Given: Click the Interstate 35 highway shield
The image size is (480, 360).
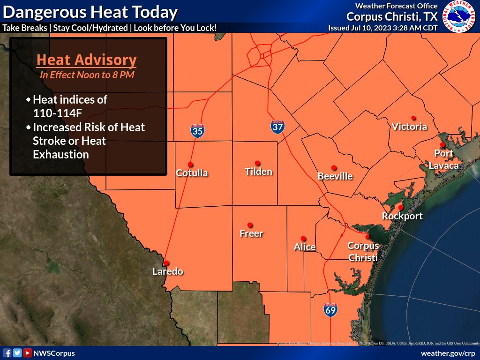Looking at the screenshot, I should pyautogui.click(x=197, y=131).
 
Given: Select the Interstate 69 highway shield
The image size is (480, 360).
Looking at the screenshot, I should pyautogui.click(x=330, y=309).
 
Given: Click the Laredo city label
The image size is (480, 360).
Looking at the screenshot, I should pyautogui.click(x=167, y=271).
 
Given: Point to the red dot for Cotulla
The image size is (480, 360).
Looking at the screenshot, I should pyautogui.click(x=190, y=165).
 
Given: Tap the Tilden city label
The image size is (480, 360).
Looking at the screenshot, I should pyautogui.click(x=258, y=172).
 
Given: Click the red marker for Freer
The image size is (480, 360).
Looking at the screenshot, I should pyautogui.click(x=250, y=225).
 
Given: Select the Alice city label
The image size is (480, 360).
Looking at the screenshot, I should pyautogui.click(x=305, y=247).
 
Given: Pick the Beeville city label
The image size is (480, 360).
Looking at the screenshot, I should pyautogui.click(x=335, y=176).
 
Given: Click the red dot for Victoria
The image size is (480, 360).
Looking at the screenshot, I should pyautogui.click(x=413, y=118).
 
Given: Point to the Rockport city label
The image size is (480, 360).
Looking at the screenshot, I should pyautogui.click(x=402, y=216).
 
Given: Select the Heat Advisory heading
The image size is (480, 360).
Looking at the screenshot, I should pyautogui.click(x=87, y=60).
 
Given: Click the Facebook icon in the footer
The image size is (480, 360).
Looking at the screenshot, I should pyautogui.click(x=7, y=353).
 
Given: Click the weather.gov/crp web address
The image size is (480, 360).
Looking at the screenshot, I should pyautogui.click(x=448, y=353).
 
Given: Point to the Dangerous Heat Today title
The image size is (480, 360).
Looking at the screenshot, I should pyautogui.click(x=90, y=12).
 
